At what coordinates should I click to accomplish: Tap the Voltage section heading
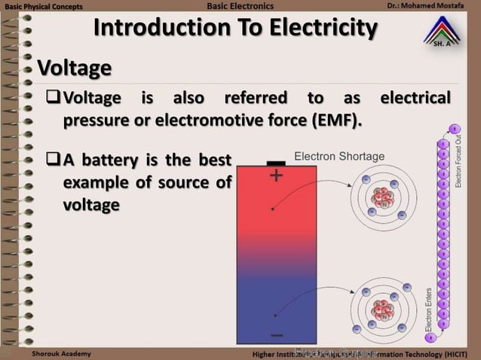point(75,69)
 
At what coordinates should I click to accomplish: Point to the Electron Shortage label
point(339,157)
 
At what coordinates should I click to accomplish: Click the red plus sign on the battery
point(277,176)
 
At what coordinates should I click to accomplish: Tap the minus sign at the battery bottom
point(277,334)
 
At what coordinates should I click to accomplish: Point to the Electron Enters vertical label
point(429,308)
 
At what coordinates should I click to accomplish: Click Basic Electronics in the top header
point(239,7)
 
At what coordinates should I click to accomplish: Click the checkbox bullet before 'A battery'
point(52,160)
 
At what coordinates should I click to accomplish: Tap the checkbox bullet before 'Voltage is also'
point(52,98)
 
